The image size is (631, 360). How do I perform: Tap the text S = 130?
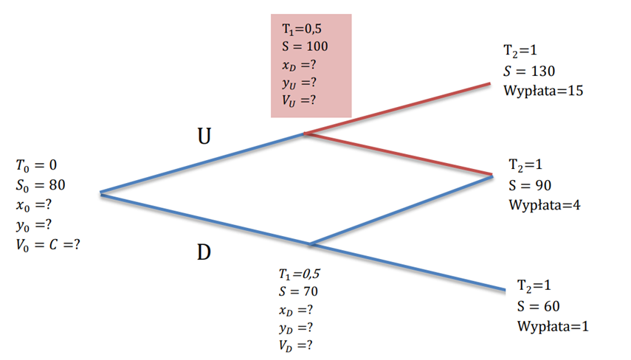(529, 72)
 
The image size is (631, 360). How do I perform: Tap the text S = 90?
(530, 185)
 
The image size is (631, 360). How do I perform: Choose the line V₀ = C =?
(47, 243)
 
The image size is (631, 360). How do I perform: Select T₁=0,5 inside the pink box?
(303, 28)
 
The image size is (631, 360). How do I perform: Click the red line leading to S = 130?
(399, 108)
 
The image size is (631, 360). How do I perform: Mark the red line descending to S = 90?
(399, 154)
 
